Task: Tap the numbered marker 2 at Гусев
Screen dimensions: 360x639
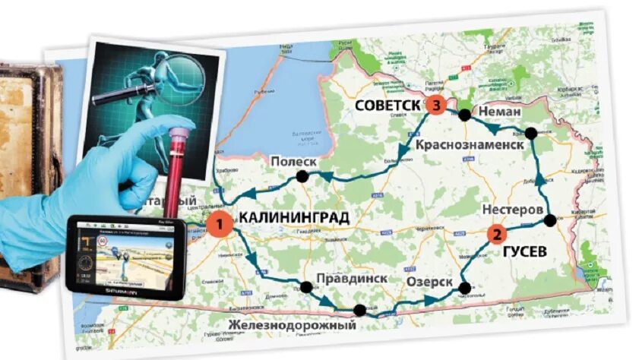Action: tap(496, 235)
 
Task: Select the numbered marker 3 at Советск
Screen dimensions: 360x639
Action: tap(435, 106)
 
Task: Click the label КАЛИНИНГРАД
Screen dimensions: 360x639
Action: tap(294, 219)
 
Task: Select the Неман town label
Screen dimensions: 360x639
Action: tap(499, 112)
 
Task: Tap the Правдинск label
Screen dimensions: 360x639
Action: tap(348, 279)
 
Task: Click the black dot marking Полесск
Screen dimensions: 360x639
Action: tap(302, 178)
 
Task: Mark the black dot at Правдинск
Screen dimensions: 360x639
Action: tap(306, 287)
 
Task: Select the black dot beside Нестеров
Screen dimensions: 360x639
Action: tap(550, 220)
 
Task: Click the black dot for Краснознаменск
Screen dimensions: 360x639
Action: tap(531, 134)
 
